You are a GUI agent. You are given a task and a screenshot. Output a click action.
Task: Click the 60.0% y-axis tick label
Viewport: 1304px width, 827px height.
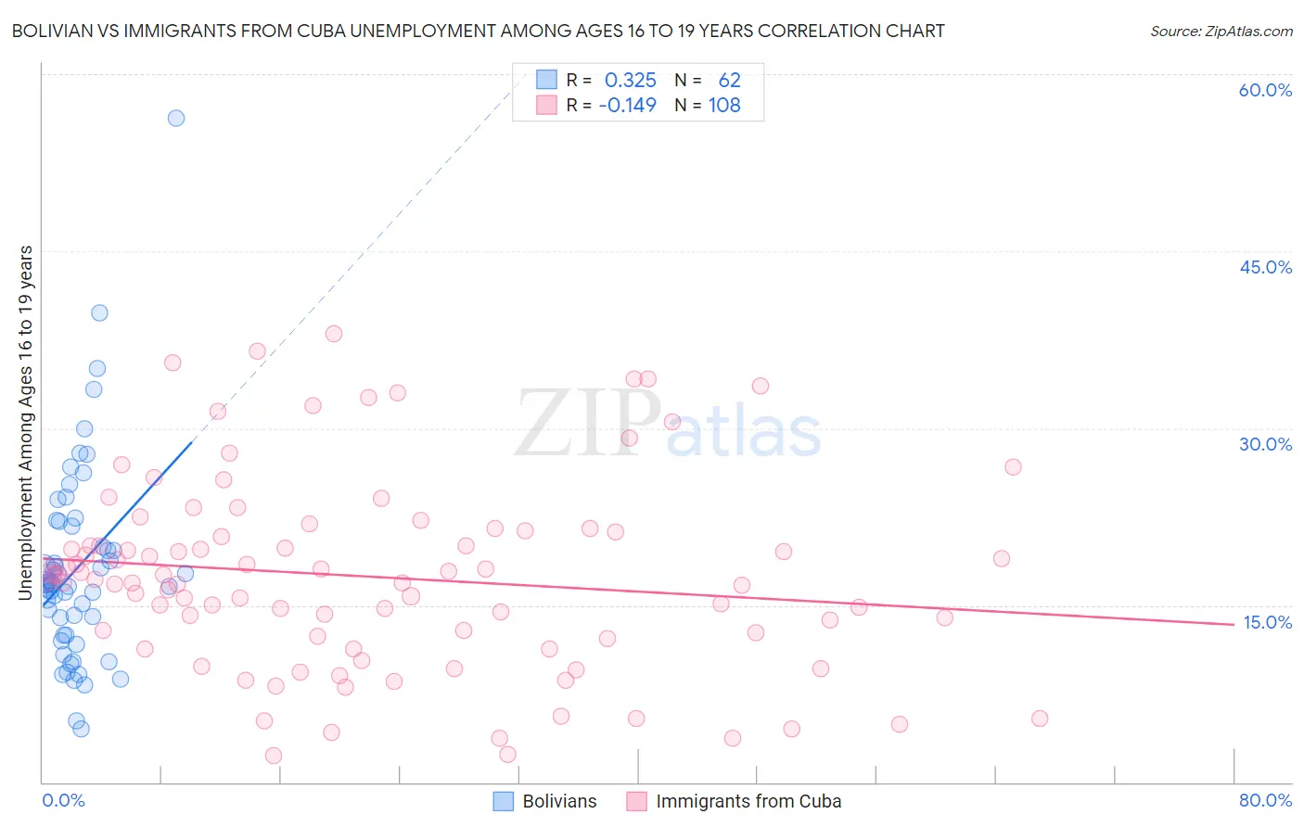tap(1265, 90)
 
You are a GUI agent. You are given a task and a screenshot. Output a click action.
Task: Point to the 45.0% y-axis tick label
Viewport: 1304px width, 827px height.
tap(1265, 267)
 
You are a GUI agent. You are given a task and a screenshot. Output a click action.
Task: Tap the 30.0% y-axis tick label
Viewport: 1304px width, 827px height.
tap(1265, 444)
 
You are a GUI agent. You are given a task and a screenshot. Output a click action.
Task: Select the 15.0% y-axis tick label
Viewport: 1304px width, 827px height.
tap(1267, 622)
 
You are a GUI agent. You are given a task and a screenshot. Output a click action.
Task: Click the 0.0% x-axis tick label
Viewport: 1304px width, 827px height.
tap(63, 800)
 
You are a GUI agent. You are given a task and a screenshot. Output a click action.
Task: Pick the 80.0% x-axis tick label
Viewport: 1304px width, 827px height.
tap(1265, 800)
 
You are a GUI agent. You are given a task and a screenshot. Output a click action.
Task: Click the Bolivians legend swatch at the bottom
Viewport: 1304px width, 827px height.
tap(503, 801)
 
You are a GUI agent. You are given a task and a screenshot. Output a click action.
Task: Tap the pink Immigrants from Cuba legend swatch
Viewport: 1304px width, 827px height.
tap(636, 801)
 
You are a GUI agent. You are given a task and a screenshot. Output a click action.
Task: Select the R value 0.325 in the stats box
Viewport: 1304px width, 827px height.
tap(630, 81)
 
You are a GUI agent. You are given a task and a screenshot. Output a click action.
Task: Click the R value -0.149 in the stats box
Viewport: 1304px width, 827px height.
tap(627, 106)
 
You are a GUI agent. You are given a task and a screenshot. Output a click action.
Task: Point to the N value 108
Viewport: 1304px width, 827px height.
tap(724, 106)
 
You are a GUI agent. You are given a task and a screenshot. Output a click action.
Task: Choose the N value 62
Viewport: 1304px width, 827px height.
tap(729, 81)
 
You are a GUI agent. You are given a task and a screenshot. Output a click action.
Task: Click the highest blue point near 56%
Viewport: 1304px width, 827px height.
tap(175, 118)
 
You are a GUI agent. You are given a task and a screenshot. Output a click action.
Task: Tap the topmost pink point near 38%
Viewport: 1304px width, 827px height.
tap(334, 334)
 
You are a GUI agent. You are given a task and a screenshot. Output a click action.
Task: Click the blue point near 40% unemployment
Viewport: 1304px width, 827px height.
tap(99, 312)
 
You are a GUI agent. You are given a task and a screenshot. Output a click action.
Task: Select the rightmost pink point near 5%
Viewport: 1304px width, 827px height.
tap(1040, 719)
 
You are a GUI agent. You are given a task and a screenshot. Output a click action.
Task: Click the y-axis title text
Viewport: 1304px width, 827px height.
tap(26, 423)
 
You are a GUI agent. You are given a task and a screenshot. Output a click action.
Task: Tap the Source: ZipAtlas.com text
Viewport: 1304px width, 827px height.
tap(1221, 32)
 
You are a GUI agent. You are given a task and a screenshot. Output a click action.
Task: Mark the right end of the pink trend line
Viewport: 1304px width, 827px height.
tap(1234, 624)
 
